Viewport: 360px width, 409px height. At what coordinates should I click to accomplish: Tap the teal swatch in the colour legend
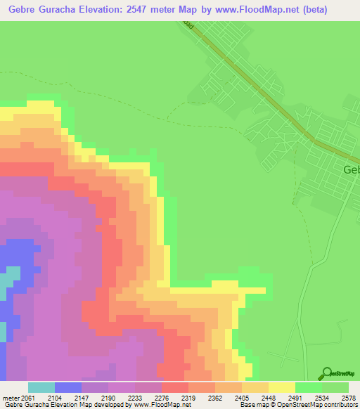coord(41,387)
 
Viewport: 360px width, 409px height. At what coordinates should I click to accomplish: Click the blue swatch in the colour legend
coord(68,387)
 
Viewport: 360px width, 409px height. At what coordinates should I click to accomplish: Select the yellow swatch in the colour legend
coord(282,387)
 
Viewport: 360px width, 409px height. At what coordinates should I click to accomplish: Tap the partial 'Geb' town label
coord(351,170)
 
